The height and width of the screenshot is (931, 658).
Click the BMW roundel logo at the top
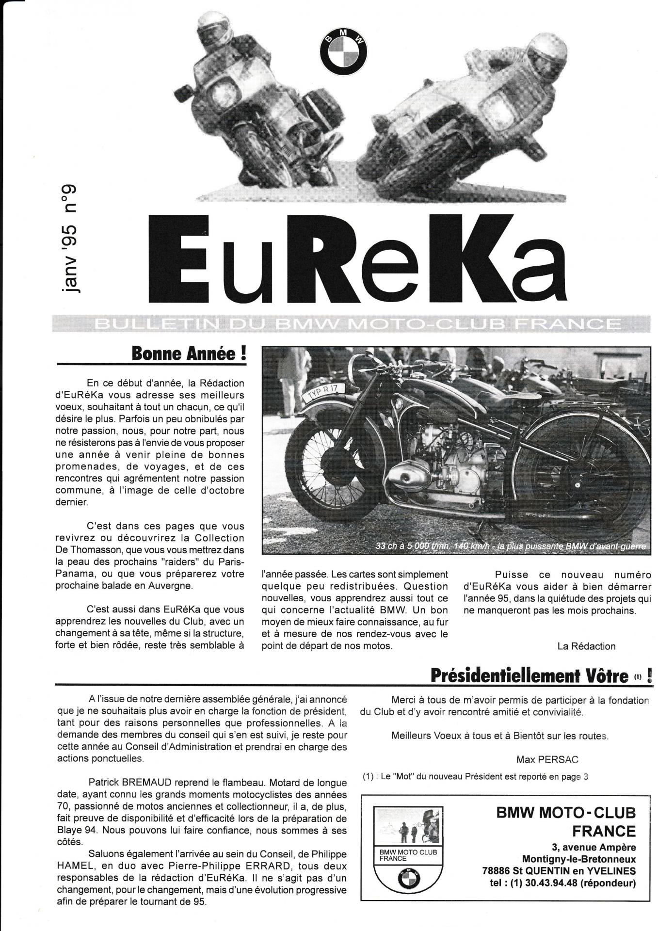coord(343,52)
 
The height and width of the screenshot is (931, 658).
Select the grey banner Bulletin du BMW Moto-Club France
coord(359,323)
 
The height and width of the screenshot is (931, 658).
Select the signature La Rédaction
coord(586,646)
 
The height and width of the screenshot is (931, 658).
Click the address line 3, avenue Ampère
coord(593,848)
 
